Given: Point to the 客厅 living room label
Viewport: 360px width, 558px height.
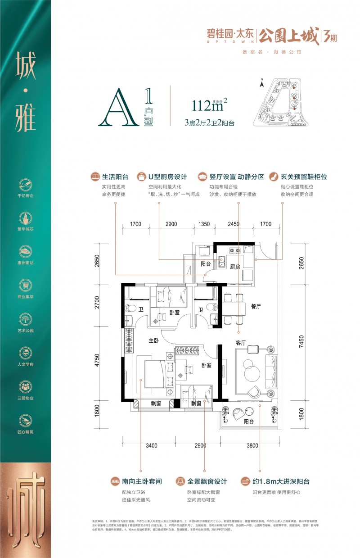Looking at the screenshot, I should click(242, 343).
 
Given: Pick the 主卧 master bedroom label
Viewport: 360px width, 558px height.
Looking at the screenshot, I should click(154, 341).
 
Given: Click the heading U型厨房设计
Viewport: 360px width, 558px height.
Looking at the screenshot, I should click(167, 177).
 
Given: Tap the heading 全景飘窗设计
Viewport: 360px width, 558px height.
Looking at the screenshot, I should click(207, 481).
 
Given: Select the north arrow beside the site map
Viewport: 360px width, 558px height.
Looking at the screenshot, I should click(261, 81).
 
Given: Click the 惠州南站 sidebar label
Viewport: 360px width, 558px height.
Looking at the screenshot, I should click(25, 263).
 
